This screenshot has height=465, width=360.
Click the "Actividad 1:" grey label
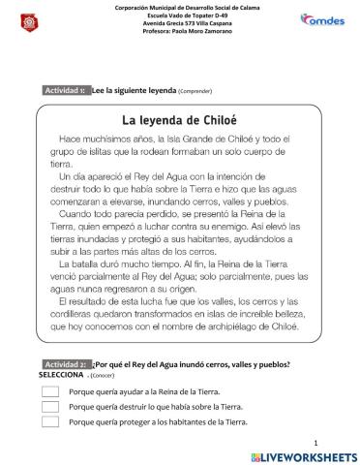point(66,90)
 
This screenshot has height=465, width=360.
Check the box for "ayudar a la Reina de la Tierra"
point(50,391)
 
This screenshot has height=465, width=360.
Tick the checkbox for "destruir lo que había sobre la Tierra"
point(50,407)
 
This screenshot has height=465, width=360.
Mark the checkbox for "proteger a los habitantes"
point(50,421)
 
